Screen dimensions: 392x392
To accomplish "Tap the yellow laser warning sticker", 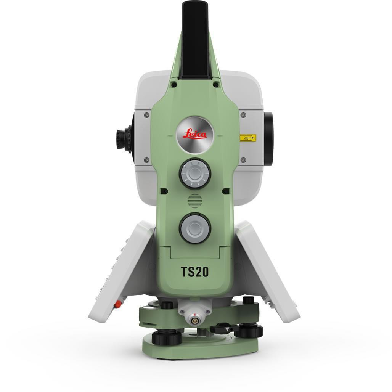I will tap(247, 137).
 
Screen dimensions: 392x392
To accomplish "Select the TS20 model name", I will tap(194, 272).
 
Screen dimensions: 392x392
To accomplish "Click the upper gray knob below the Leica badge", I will tap(195, 174).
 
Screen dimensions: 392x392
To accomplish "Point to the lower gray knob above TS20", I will tap(195, 228).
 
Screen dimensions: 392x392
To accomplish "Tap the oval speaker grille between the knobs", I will tap(195, 200).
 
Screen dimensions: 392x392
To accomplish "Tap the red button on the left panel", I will tap(119, 304).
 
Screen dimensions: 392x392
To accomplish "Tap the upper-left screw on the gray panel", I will tap(146, 115).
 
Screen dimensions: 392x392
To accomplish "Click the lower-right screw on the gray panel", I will tap(243, 160).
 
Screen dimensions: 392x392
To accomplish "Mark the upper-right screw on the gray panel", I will tap(243, 115).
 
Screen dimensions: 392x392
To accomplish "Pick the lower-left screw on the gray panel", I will tap(146, 160).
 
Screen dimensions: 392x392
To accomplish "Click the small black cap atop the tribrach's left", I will tap(166, 305).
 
